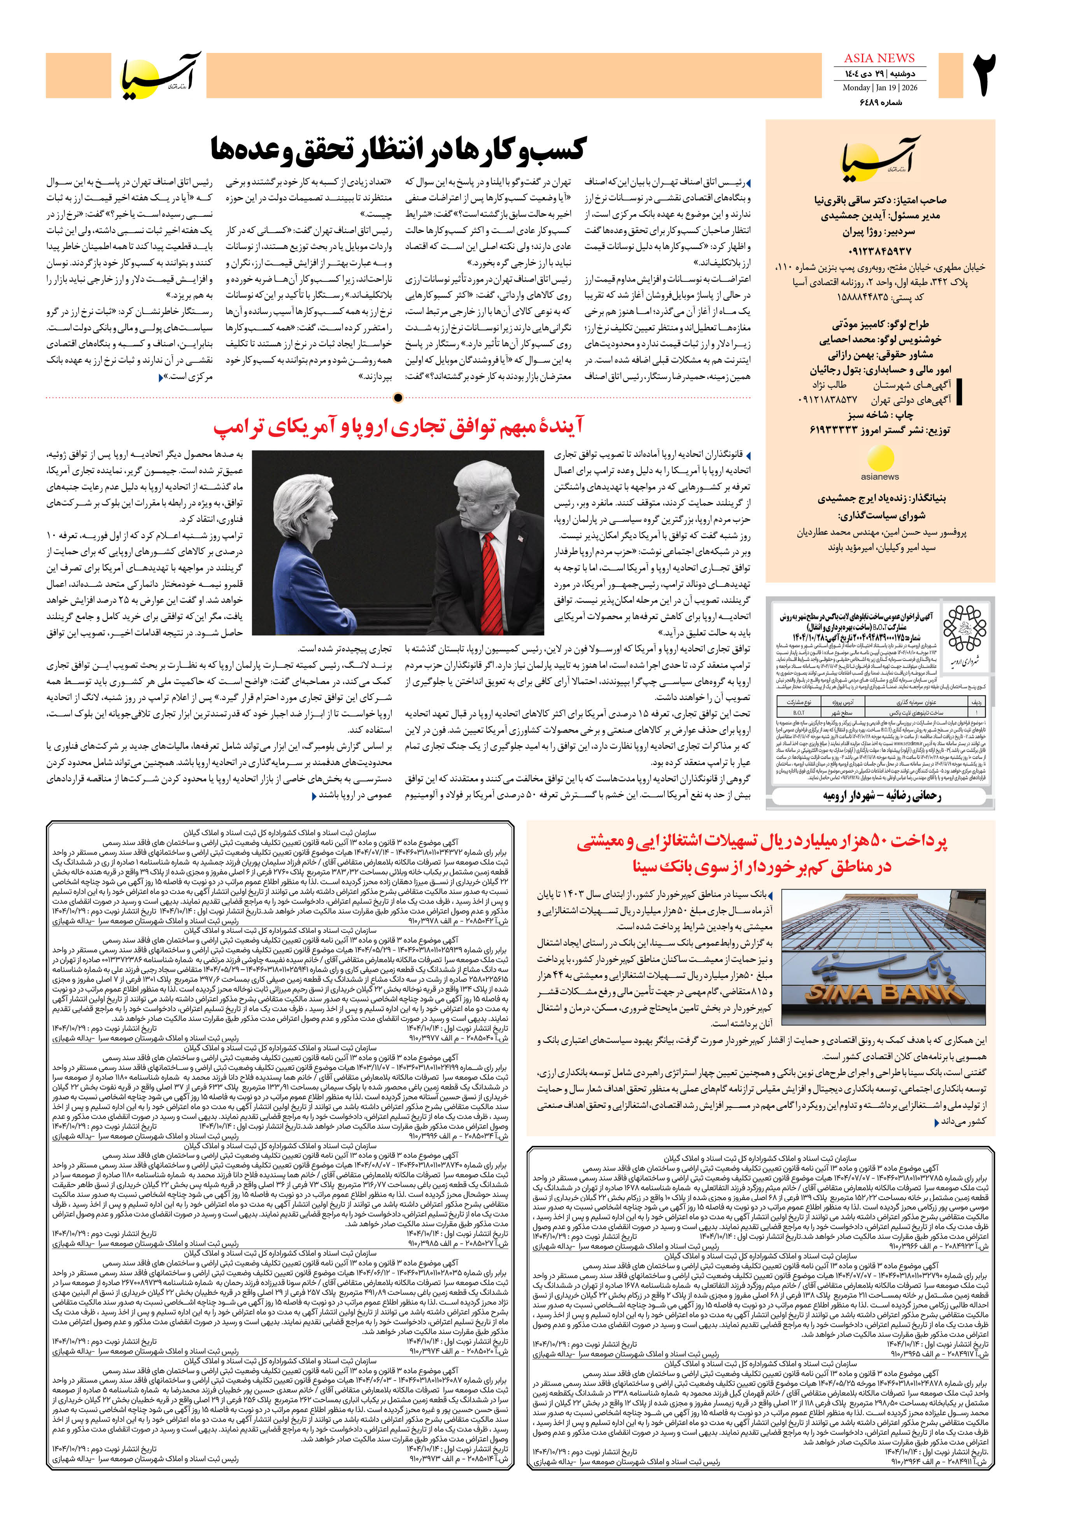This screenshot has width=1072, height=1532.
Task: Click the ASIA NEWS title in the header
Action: (879, 58)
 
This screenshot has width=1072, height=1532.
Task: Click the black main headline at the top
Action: (398, 149)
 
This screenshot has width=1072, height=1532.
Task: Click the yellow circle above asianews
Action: (880, 460)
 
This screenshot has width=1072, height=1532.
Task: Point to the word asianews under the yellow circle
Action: (880, 477)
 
